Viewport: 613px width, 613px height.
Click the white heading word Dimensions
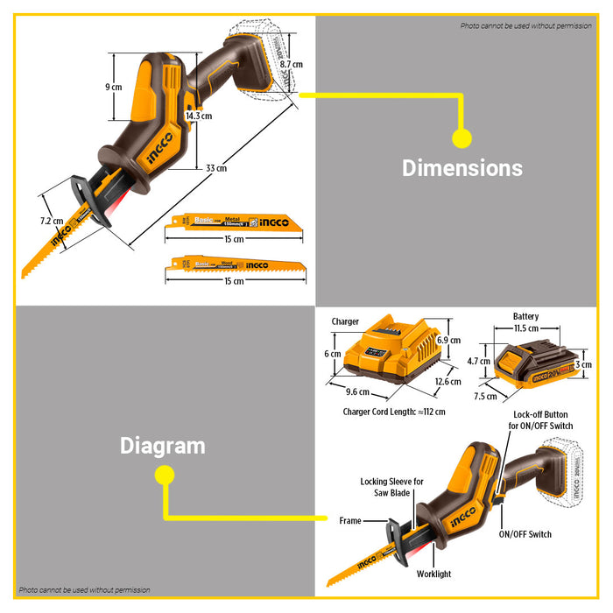click(x=462, y=168)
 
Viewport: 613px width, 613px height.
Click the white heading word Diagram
click(x=162, y=446)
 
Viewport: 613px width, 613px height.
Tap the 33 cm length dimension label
click(x=215, y=168)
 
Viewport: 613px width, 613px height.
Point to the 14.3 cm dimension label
click(x=199, y=116)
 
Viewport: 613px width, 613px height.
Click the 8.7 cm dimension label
click(x=292, y=65)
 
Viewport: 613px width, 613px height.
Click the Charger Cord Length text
click(x=393, y=412)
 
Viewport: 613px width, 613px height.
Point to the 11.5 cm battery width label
click(x=526, y=328)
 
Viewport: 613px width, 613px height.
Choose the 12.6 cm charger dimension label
click(x=447, y=382)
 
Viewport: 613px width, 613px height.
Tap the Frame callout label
click(x=350, y=521)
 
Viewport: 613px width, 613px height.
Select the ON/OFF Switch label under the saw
click(x=525, y=534)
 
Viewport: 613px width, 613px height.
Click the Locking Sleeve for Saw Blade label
click(x=391, y=488)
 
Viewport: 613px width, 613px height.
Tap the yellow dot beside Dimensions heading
click(x=462, y=137)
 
